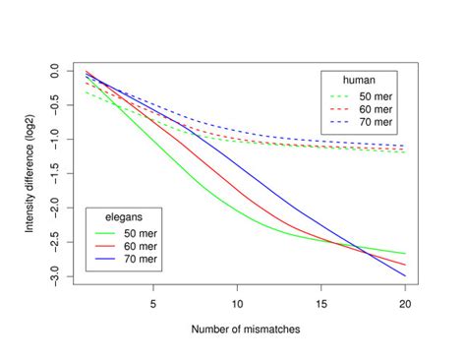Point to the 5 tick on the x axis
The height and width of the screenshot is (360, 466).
point(153,304)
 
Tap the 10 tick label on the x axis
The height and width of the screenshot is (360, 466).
point(237,304)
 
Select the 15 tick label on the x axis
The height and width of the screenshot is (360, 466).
point(320,304)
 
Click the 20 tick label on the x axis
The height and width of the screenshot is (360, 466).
point(404,304)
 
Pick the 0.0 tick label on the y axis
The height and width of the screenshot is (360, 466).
point(60,72)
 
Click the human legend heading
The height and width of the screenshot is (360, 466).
point(356,79)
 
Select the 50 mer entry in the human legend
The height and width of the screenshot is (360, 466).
point(376,95)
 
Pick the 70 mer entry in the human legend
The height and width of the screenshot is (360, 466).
point(376,123)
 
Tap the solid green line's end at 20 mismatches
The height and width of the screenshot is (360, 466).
point(404,254)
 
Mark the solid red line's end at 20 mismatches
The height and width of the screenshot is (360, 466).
point(404,265)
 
